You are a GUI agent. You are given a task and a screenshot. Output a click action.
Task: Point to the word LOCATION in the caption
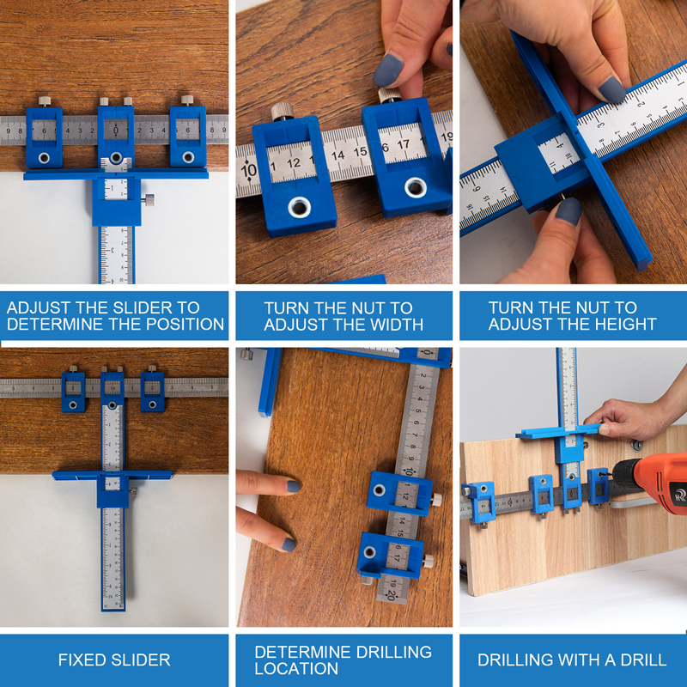click(x=296, y=669)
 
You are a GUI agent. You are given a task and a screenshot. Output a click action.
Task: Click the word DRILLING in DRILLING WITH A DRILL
click(x=508, y=660)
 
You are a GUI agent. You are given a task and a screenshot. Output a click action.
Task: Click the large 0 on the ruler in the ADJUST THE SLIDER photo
click(x=116, y=131)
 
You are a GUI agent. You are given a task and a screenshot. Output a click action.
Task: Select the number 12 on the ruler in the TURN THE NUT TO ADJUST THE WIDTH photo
click(x=294, y=163)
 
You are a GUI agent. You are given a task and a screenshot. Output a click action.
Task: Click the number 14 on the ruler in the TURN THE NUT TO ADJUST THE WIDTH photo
click(x=337, y=155)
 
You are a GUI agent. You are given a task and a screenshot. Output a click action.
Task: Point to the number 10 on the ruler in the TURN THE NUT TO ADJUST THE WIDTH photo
click(x=248, y=170)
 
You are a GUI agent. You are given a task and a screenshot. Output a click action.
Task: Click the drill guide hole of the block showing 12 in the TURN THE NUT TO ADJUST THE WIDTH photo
click(x=299, y=207)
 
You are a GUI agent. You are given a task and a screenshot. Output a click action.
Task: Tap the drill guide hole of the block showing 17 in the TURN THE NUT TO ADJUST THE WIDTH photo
click(x=416, y=187)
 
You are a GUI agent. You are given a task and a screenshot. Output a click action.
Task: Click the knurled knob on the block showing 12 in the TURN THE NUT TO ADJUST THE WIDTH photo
click(x=283, y=111)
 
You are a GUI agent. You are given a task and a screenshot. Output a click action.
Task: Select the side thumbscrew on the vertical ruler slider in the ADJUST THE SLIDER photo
click(x=148, y=200)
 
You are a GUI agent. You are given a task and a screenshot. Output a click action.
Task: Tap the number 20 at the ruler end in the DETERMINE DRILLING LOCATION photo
click(x=390, y=595)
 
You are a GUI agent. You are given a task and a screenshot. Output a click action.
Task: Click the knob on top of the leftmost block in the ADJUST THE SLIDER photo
click(x=45, y=101)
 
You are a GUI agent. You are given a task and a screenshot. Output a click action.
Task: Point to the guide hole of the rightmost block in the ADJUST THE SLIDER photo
click(x=188, y=157)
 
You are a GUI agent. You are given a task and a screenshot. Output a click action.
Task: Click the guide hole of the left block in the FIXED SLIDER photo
click(x=73, y=404)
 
